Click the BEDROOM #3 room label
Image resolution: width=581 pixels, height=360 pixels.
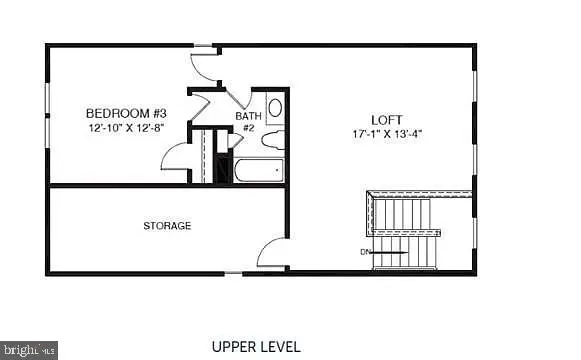(125, 113)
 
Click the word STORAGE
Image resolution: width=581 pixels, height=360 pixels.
(167, 226)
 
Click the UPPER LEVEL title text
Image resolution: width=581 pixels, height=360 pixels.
(255, 347)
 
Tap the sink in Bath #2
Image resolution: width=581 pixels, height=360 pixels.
(275, 107)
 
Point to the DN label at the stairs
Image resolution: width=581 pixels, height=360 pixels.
(366, 251)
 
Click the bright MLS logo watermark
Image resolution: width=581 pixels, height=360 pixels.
(28, 350)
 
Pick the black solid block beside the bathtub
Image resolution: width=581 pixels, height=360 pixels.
(223, 168)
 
